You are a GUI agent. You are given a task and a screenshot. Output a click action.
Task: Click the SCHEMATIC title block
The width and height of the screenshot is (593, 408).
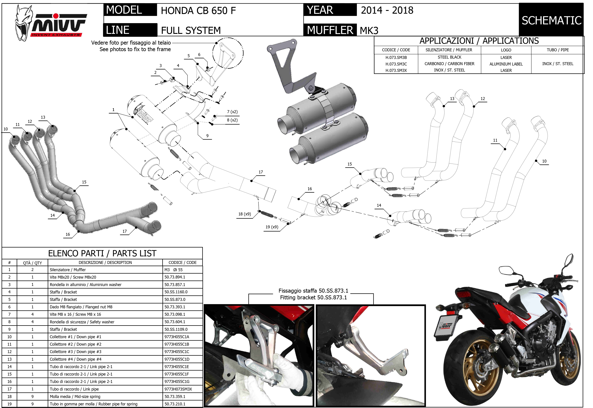[x=551, y=20]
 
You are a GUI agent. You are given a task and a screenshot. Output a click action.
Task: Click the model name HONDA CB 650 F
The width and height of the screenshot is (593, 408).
[x=198, y=11]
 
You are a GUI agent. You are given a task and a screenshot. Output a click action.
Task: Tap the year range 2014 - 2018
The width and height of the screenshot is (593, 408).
[x=387, y=10]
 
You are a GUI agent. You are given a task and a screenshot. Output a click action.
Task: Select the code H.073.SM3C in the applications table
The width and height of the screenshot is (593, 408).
[x=396, y=64]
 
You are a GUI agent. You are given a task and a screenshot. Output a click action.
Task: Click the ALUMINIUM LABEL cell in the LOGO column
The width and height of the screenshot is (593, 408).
[x=506, y=64]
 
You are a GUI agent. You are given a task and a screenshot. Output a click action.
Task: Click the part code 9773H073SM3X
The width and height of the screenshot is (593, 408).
[x=178, y=389]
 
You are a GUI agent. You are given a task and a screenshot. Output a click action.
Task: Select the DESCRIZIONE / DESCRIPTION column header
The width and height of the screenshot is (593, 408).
[x=105, y=263]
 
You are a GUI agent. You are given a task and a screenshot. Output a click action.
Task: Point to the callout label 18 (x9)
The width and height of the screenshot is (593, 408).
[x=244, y=214]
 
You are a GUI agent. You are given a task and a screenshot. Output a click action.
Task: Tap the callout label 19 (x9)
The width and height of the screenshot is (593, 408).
[x=272, y=227]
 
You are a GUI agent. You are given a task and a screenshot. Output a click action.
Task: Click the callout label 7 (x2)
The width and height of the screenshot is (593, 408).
[x=232, y=112]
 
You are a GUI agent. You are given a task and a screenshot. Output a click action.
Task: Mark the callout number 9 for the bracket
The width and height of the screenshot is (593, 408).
[x=207, y=136]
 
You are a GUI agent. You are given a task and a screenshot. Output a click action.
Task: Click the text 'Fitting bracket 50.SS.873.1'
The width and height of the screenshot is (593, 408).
[x=314, y=297]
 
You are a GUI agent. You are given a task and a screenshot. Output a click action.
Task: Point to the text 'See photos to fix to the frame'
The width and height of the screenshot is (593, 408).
[x=135, y=49]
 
